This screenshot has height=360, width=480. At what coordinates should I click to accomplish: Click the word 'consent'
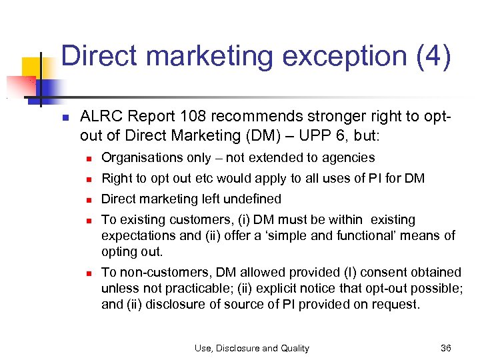point(374,272)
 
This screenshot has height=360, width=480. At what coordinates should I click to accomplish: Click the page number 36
point(446,347)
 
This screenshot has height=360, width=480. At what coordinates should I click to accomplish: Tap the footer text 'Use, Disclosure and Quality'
point(251,347)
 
